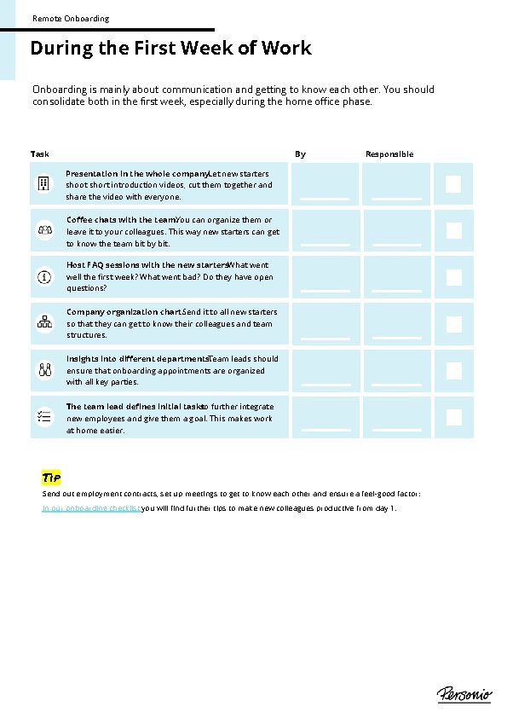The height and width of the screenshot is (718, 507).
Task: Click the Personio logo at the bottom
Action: tap(464, 694)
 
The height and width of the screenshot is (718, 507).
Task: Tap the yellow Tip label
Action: tap(51, 478)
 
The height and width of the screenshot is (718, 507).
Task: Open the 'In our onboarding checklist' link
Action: tap(91, 508)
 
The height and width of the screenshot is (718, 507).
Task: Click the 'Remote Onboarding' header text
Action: tap(71, 18)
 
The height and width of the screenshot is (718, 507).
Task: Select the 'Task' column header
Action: tap(40, 154)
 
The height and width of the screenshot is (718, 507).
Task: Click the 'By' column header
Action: tap(300, 154)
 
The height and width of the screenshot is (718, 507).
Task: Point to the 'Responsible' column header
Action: tap(389, 154)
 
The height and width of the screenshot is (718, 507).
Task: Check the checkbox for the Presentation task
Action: tap(453, 184)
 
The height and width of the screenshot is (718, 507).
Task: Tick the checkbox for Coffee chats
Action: tap(453, 231)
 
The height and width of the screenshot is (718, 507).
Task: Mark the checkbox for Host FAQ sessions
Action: tap(453, 277)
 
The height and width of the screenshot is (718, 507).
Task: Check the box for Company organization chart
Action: tap(453, 324)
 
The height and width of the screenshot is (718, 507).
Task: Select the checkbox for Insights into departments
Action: tap(453, 371)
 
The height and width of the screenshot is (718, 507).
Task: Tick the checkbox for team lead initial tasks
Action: tap(453, 417)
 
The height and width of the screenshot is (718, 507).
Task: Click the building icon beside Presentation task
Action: tap(44, 184)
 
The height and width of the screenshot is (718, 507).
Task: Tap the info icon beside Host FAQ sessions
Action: tap(44, 277)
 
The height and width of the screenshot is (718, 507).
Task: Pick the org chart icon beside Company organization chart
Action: tap(44, 324)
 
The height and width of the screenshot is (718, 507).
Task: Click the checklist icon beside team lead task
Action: tap(44, 417)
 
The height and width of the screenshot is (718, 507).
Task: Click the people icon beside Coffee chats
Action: tap(44, 231)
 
